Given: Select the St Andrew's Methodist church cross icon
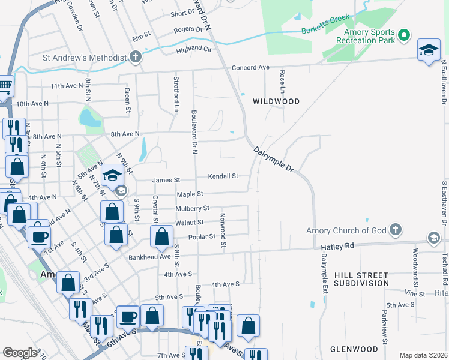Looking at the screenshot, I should pyautogui.click(x=136, y=58).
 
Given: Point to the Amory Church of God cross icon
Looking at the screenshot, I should pyautogui.click(x=395, y=230).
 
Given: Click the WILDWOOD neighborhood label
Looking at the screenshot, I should pyautogui.click(x=276, y=101).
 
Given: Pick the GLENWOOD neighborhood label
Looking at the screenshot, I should pyautogui.click(x=354, y=349).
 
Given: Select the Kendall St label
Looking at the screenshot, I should pyautogui.click(x=223, y=176).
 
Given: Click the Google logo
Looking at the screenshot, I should pyautogui.click(x=19, y=353).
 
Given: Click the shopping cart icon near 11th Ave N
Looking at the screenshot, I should pyautogui.click(x=4, y=85).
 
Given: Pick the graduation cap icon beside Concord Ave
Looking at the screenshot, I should pyautogui.click(x=429, y=50).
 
